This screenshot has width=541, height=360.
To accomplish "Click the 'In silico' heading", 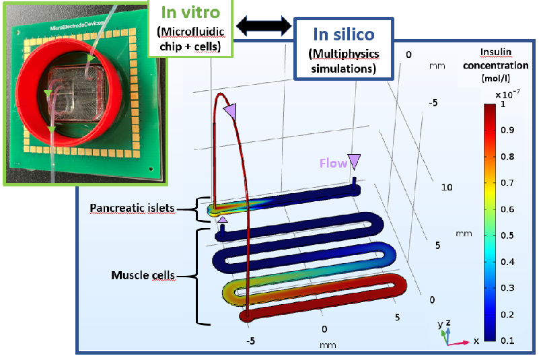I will [x=343, y=33].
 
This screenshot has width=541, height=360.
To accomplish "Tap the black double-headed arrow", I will [x=263, y=26].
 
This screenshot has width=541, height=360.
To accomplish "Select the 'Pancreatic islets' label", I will [x=133, y=209].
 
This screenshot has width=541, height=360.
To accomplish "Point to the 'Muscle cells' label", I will [x=143, y=275].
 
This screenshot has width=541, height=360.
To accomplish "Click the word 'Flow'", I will [x=332, y=163].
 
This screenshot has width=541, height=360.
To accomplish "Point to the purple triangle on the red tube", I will [x=231, y=112].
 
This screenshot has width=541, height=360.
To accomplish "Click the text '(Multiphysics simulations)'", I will [x=344, y=60].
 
